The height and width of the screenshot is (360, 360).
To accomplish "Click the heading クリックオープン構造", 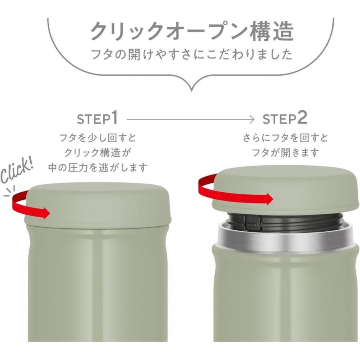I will point(192,31).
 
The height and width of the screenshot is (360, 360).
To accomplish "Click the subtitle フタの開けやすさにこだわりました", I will point(192,54).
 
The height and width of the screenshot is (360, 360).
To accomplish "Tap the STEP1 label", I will point(98,119).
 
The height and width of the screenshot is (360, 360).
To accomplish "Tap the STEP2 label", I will point(284,119).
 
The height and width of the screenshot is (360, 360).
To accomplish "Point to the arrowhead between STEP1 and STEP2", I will point(252,119).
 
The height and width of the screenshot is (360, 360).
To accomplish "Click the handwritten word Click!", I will point(17,169).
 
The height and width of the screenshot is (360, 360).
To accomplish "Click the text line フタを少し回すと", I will point(98,138).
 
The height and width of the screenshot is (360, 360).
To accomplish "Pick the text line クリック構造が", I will point(98,152).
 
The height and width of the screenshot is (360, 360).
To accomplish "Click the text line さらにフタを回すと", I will point(285,138).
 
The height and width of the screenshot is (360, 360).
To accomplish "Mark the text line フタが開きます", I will point(285,152).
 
